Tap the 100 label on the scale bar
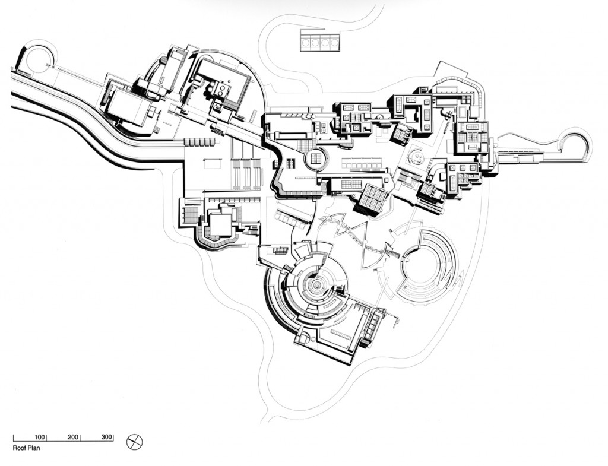click(40, 438)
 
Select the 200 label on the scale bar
click(73, 438)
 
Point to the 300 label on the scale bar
click(106, 438)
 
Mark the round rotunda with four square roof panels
click(316, 158)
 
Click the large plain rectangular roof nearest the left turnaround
click(127, 108)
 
